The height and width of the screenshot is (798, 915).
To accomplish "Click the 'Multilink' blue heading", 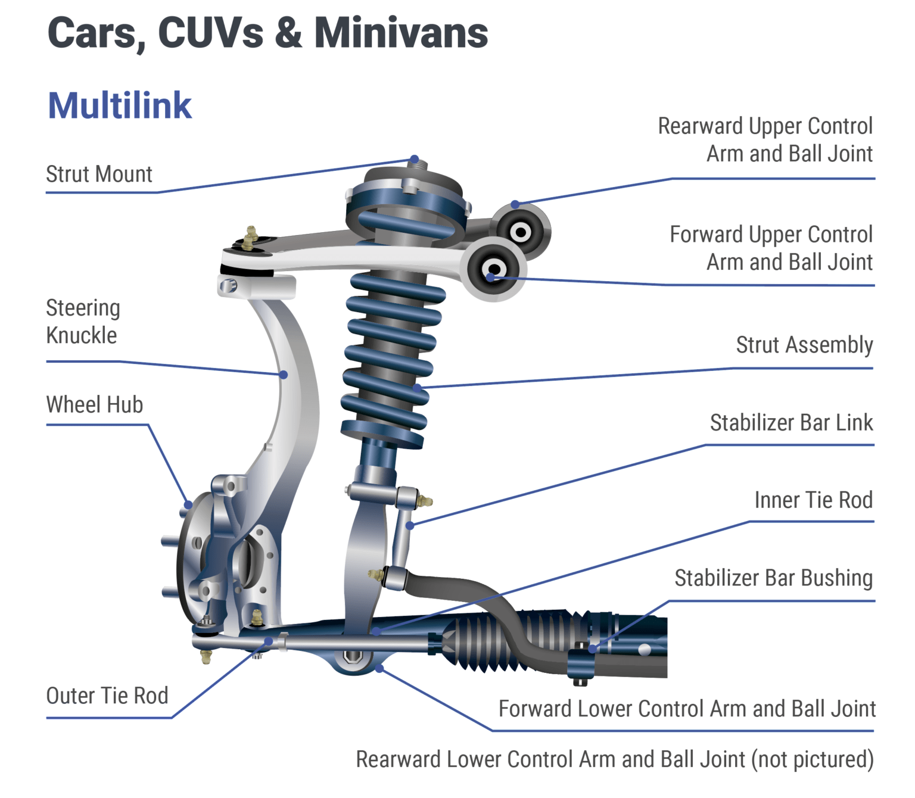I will (119, 106).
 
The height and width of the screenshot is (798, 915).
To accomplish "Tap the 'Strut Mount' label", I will (99, 174).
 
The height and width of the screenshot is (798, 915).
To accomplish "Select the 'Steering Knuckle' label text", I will (83, 322).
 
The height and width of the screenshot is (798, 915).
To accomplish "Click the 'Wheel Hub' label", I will (95, 405).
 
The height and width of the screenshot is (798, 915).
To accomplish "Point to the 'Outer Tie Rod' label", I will (107, 696).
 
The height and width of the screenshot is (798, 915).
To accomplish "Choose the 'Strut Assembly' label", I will (804, 345).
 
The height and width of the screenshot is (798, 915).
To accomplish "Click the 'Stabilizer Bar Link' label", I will (791, 423).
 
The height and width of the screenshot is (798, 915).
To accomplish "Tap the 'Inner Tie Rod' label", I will (813, 500).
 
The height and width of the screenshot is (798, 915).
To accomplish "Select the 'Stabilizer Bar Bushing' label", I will (773, 578).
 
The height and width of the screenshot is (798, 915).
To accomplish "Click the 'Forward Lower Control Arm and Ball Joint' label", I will (687, 709).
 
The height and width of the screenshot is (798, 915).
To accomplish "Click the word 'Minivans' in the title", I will (401, 33).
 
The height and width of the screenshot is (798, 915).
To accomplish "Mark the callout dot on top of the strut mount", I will (414, 160).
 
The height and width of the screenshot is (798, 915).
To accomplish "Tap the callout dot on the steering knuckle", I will (284, 375).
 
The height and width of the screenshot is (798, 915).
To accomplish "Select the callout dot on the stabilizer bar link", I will (410, 526).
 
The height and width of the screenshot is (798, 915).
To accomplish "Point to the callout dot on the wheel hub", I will (188, 505).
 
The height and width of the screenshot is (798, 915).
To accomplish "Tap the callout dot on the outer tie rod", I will (269, 641).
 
